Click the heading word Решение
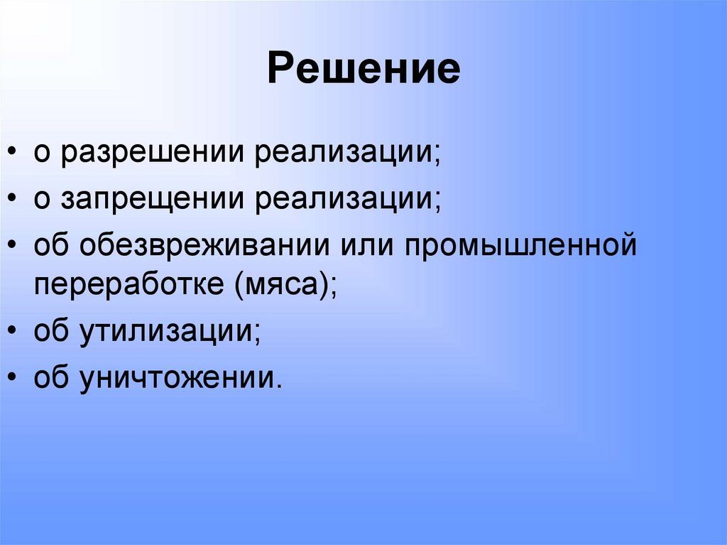[x=363, y=70]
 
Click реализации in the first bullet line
[x=348, y=154]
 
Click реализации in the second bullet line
[x=348, y=200]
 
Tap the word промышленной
[x=519, y=246]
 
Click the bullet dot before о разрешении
[x=13, y=155]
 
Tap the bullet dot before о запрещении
[x=13, y=200]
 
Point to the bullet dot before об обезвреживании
[x=13, y=247]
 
